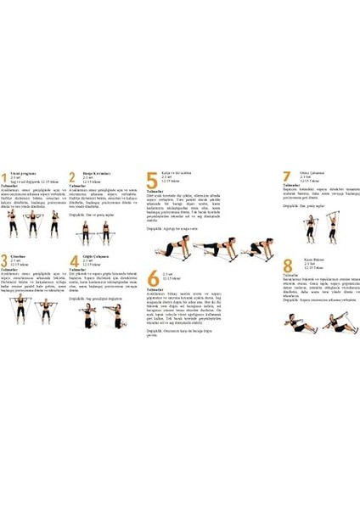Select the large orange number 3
pyautogui.click(x=6, y=261)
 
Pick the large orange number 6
pyautogui.click(x=153, y=277)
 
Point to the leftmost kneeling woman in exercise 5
pyautogui.click(x=169, y=249)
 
